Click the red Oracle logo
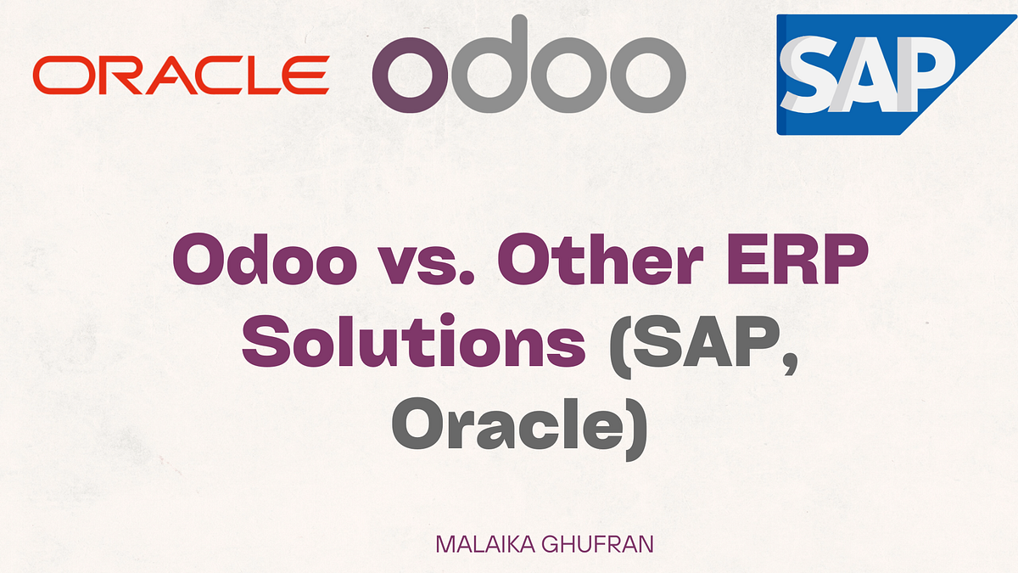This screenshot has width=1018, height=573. [x=181, y=75]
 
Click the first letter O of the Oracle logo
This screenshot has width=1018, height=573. [x=56, y=75]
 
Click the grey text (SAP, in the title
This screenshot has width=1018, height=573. [x=696, y=345]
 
